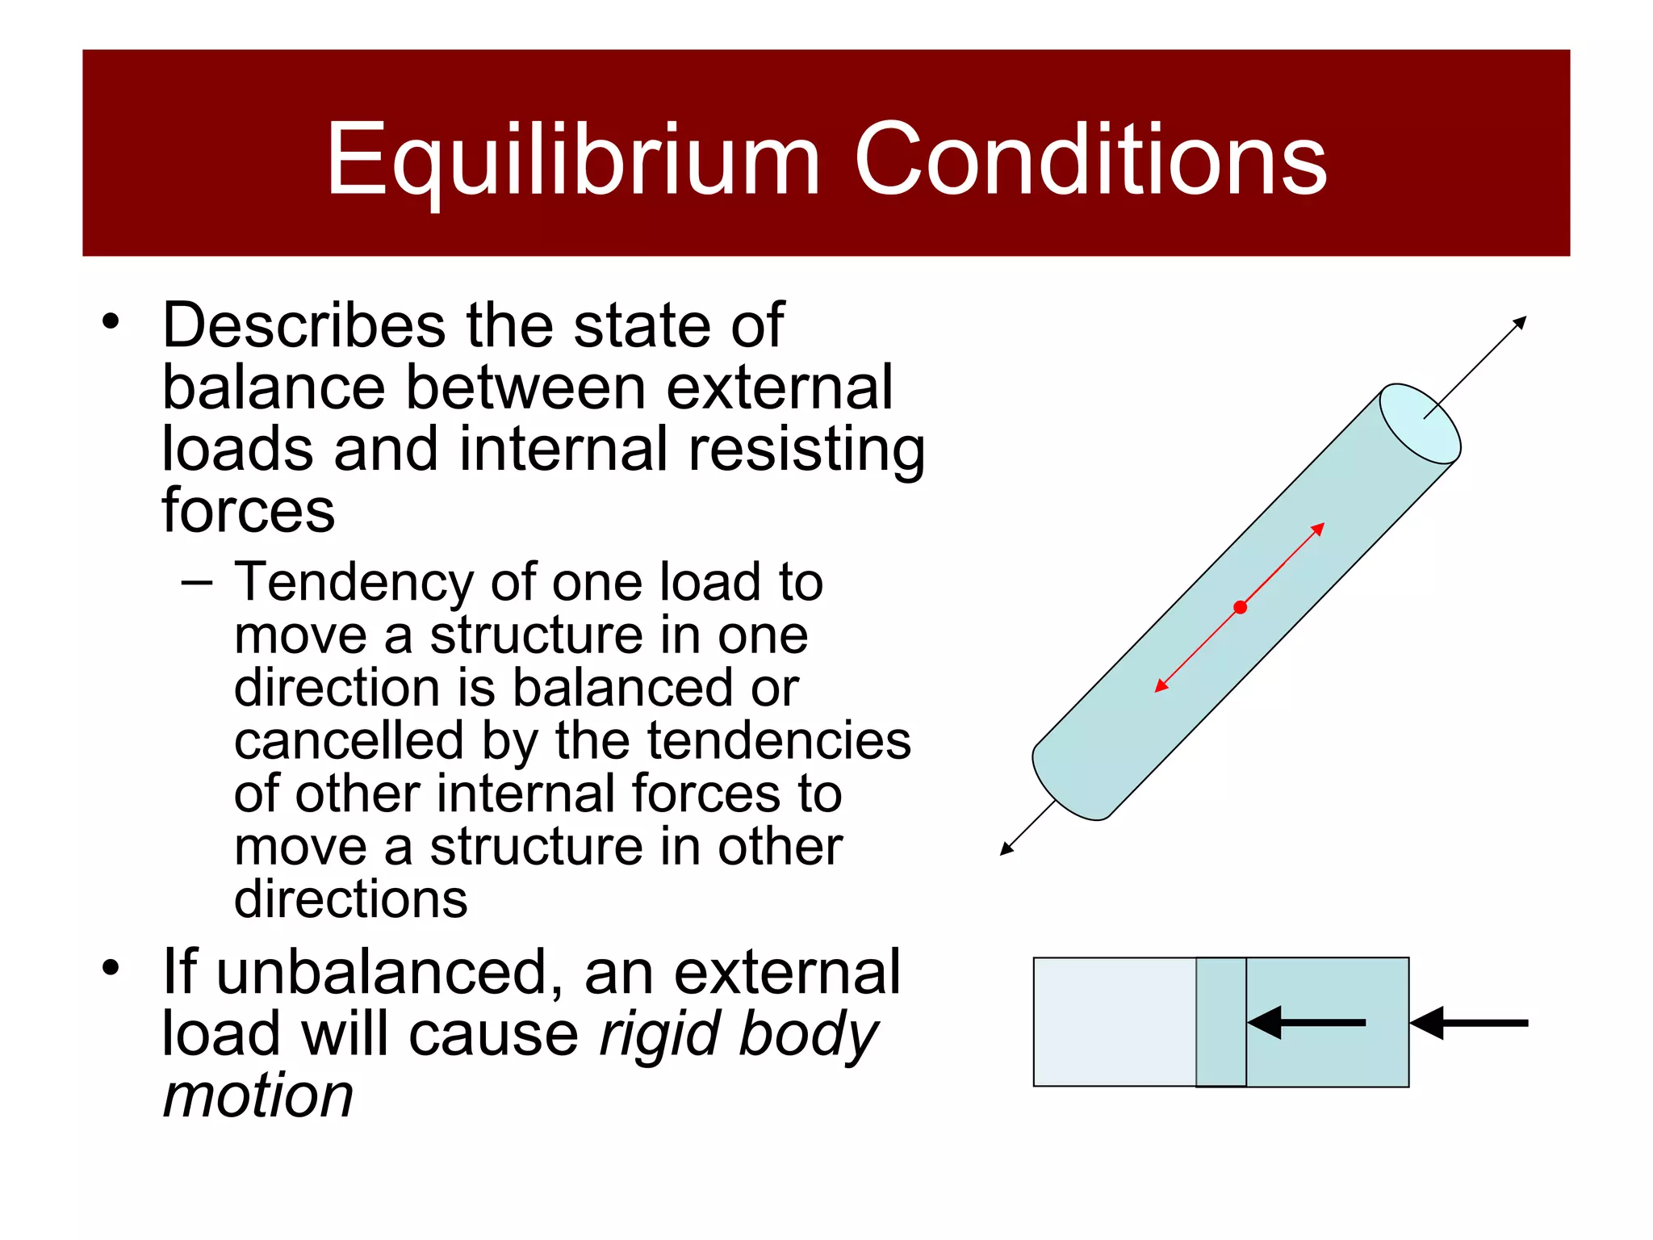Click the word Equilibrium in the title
coord(572,159)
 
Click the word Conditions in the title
coord(1090,159)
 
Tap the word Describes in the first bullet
coord(303,325)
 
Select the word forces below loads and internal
coord(248,511)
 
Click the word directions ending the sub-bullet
coord(350,899)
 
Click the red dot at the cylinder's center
coord(1241,607)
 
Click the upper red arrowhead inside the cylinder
coord(1317,530)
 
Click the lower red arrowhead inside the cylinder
coord(1161,686)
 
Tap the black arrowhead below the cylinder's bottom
coord(1006,848)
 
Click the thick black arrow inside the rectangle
coord(1308,1023)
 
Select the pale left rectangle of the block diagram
coord(1114,1022)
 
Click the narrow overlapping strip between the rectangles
coord(1220,1022)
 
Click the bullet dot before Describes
coord(111,322)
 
